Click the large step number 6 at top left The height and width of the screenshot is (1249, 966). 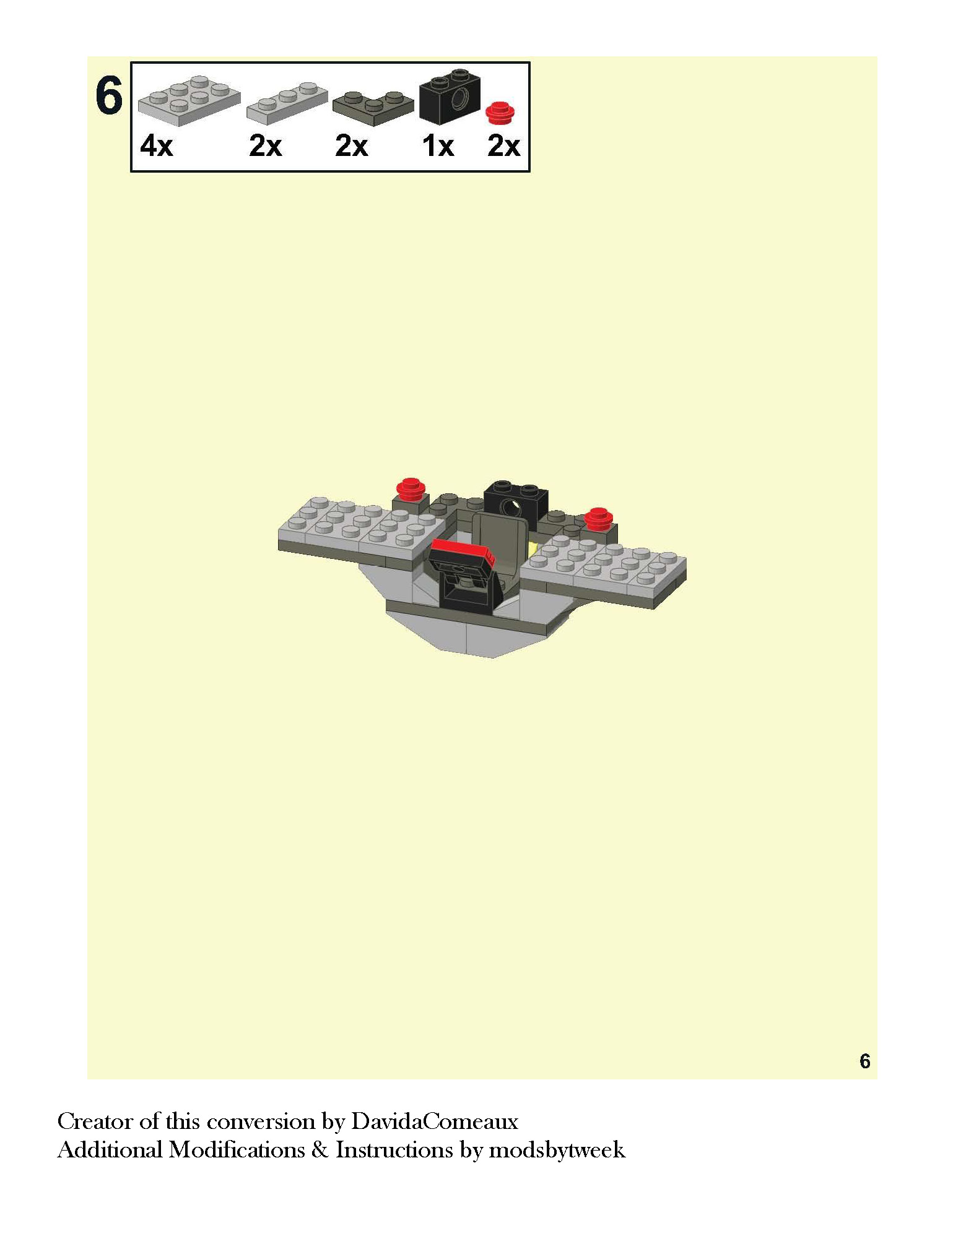(x=109, y=96)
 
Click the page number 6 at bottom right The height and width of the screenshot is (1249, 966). (x=864, y=1061)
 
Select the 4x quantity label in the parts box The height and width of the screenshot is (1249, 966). (x=157, y=146)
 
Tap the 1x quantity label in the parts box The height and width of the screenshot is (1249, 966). (x=438, y=146)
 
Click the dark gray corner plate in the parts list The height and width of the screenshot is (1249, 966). (x=373, y=108)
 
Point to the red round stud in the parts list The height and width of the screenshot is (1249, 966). (x=500, y=113)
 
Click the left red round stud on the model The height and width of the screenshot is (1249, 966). (x=410, y=489)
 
